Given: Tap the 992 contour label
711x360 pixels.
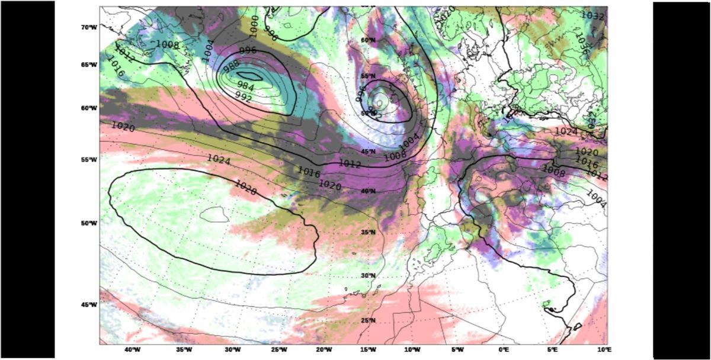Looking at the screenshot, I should pos(244,96).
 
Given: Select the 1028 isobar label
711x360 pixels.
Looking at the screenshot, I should pos(245,185).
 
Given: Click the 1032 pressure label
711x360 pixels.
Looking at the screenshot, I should pos(592,15).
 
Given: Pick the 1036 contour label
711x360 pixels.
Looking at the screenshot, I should pos(581,44).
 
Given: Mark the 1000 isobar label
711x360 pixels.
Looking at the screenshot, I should pos(253,24).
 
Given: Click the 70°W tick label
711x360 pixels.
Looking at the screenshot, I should pos(88,27).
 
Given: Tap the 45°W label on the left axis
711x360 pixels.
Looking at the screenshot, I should pos(88,304).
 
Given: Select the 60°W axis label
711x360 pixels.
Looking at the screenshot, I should pos(88,108).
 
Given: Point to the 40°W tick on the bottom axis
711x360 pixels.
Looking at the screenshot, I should pos(132,350).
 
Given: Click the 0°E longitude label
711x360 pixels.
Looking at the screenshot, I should pos(504,350).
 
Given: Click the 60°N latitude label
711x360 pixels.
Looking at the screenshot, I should pos(369,40).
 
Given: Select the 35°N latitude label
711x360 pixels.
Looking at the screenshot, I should pos(369,232).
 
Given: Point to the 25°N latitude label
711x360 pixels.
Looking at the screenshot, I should pos(369,320).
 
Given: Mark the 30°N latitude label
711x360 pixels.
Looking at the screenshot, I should pos(369,276).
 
